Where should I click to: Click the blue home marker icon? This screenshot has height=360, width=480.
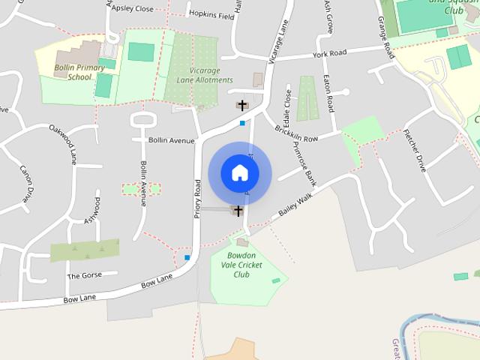tap(240, 172)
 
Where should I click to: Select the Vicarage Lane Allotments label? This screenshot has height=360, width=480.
tap(200, 75)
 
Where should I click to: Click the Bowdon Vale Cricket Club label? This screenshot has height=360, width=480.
tap(241, 265)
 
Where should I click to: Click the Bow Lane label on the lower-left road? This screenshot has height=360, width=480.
tap(82, 298)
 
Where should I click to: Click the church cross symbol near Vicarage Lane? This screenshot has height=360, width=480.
tap(242, 106)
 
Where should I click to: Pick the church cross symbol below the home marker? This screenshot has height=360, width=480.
tap(238, 211)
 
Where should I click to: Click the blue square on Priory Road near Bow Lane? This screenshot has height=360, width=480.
tap(187, 258)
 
